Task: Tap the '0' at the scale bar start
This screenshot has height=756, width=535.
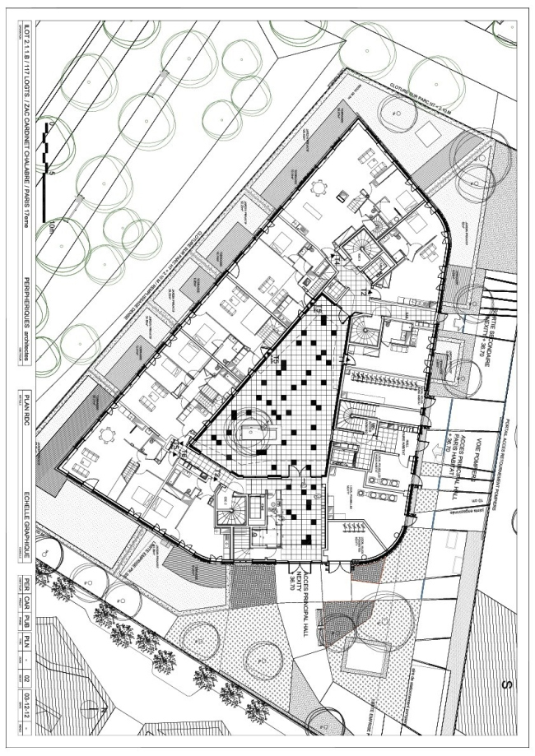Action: coord(50,124)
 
